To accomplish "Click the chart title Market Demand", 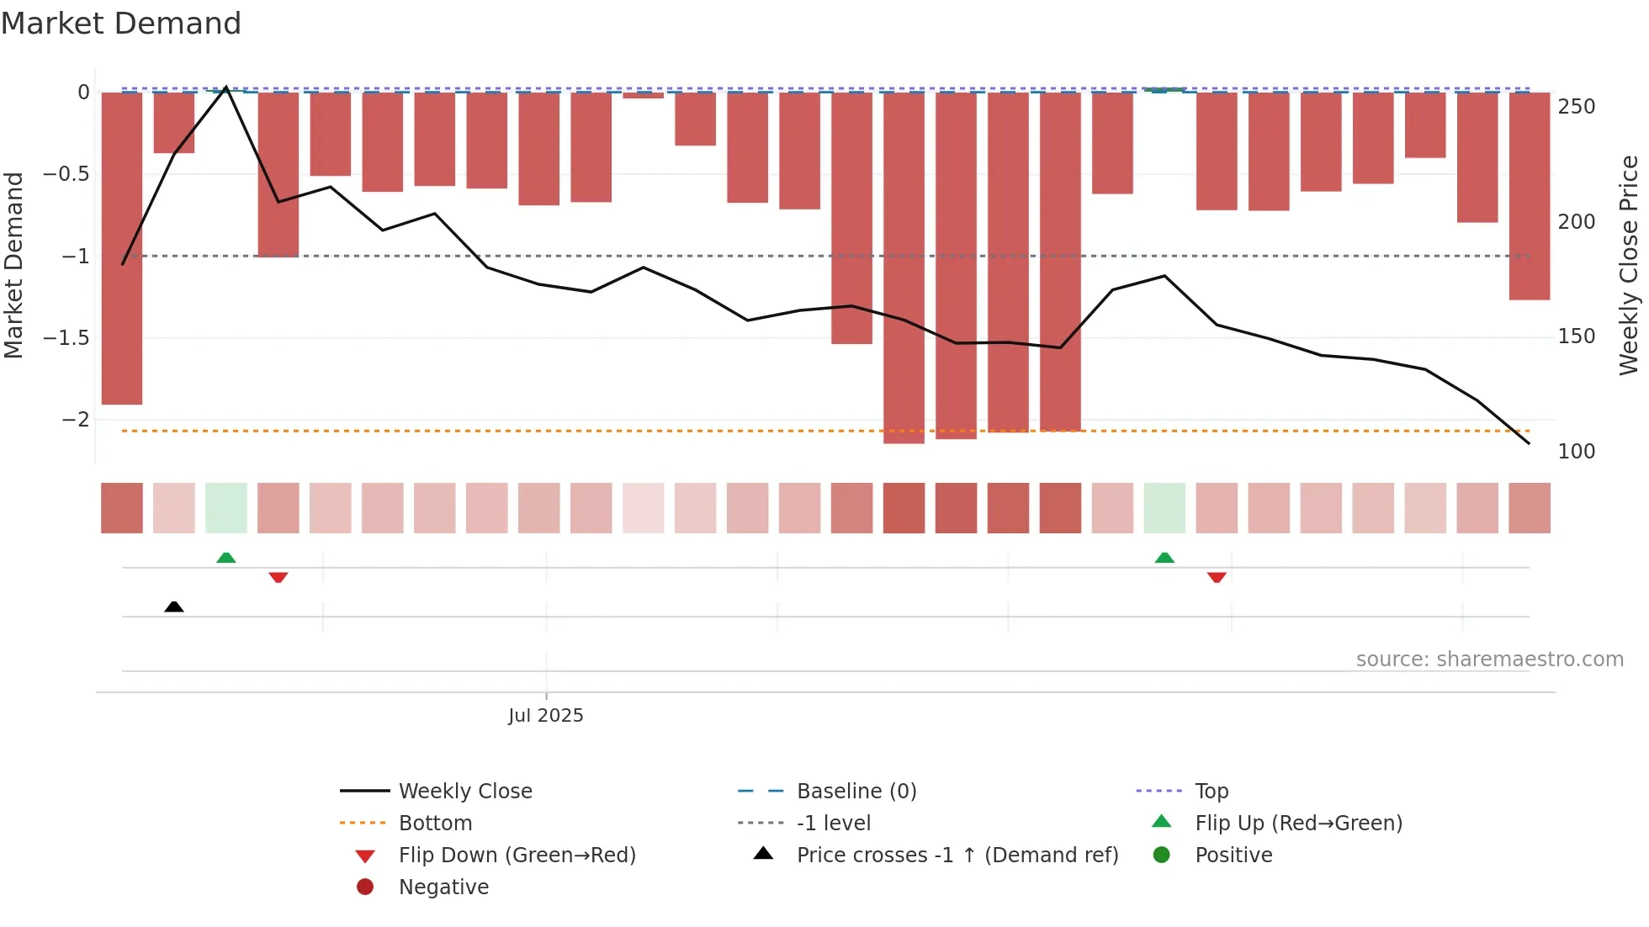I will point(121,24).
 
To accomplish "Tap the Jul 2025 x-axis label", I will point(545,715).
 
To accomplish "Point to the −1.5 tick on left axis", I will point(66,337).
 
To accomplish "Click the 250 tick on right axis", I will point(1576,107).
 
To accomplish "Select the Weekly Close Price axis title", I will point(1629,265).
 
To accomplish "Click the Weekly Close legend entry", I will point(464,791).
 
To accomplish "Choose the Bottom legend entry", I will point(435,823).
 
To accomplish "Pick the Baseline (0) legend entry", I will point(856,791).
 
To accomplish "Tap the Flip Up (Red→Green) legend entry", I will point(1298,823).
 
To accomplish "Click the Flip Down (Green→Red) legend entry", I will point(517,855).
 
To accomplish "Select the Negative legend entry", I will point(443,887).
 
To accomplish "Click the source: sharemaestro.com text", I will point(1489,659).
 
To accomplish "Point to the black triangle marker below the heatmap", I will point(174,607).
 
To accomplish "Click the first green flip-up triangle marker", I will point(226,558).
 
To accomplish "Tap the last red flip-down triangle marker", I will point(1217,577).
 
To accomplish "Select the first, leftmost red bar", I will point(122,248).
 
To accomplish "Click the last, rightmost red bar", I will point(1529,195).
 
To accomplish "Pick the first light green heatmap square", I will point(226,508).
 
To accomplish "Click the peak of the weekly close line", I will point(226,87).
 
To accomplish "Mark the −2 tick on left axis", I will point(75,419).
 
